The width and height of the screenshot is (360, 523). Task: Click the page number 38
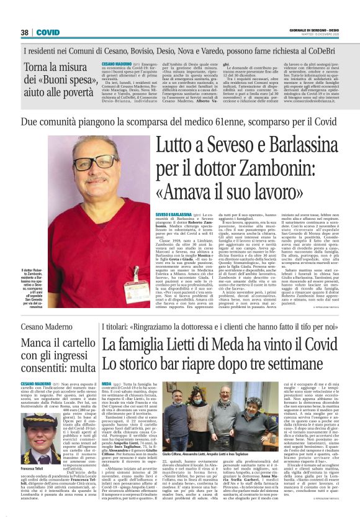click(25, 32)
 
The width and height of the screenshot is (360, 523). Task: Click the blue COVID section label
click(48, 32)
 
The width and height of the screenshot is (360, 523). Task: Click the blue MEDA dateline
click(107, 384)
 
